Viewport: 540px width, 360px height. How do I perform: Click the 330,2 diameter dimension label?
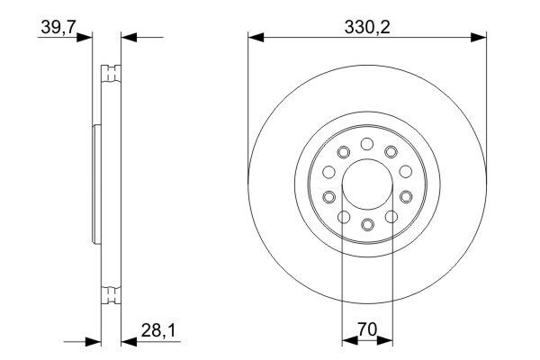367,27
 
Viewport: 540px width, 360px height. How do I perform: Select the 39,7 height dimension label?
58,27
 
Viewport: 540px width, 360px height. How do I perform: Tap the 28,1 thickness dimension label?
158,330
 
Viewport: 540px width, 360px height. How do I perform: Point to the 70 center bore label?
367,329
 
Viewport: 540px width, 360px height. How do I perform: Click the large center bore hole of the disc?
367,184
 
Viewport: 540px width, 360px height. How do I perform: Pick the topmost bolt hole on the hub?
367,144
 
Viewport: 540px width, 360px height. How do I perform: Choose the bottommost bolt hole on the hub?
367,225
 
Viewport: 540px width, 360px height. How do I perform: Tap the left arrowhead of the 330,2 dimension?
256,38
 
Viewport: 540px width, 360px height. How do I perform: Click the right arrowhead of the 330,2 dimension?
479,38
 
